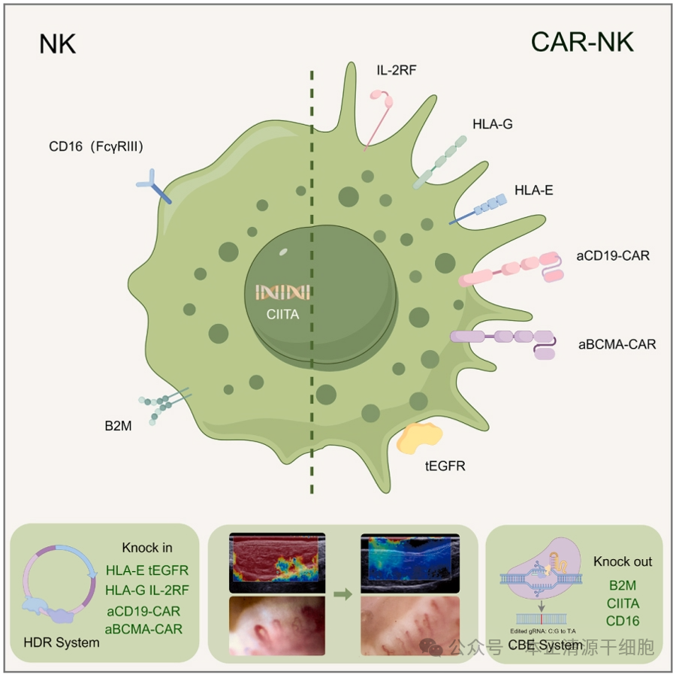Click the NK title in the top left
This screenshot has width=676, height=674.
58,44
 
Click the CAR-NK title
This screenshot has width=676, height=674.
582,42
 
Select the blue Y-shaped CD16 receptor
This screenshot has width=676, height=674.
152,184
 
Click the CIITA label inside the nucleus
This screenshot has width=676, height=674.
282,315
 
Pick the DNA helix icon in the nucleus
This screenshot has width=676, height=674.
282,292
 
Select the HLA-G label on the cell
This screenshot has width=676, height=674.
493,124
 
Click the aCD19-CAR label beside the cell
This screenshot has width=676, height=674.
613,256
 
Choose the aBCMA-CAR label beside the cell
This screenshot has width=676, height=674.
617,345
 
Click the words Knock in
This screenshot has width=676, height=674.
147,548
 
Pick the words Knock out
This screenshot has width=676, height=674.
623,561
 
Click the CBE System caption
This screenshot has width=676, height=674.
555,645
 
